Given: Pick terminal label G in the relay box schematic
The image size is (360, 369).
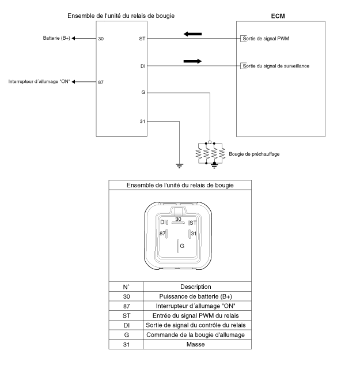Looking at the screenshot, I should pos(142,92).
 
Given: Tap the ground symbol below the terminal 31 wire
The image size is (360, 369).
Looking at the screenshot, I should pos(179,165).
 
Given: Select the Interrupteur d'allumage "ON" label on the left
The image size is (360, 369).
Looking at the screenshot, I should pos(39,81).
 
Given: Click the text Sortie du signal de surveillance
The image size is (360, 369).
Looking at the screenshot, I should pos(276,66).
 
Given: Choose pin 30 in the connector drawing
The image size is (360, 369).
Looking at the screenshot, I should pos(178,219).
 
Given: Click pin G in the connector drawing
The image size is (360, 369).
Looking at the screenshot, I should pos(182,246).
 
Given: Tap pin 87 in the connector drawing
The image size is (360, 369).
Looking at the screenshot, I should pos(163,233).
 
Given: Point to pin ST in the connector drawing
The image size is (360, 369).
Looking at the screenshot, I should pos(193,223).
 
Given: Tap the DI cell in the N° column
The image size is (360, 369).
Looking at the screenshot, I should pos(126,325).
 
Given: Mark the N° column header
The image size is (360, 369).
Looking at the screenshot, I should pos(126,287).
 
